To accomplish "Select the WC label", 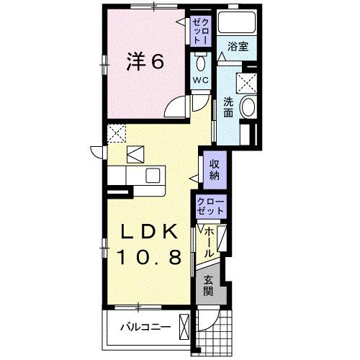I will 199,80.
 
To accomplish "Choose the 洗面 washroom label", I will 228,107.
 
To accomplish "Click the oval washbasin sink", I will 247,109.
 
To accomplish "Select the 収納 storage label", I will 215,171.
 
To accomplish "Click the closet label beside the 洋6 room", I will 199,31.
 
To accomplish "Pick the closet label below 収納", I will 210,206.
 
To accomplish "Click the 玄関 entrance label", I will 209,287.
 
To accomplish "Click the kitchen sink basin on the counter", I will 152,175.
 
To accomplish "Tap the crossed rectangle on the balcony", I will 186,326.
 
